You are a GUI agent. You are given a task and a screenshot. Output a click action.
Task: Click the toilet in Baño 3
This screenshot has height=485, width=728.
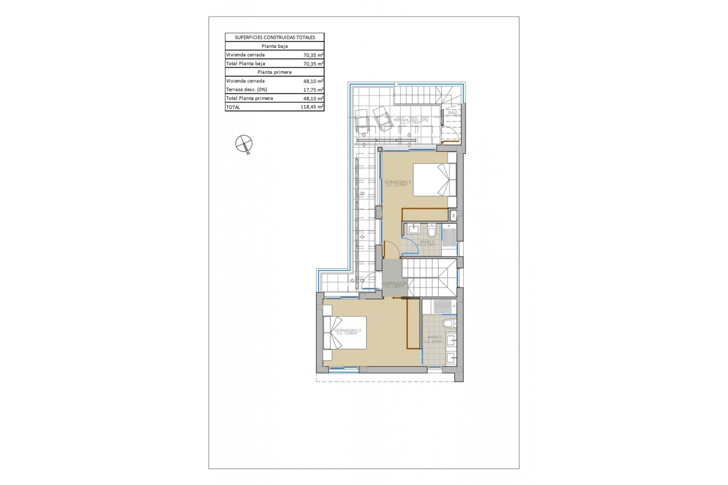pos(431,230)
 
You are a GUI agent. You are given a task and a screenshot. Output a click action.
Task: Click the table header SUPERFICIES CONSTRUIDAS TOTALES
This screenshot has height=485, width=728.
pos(275,37)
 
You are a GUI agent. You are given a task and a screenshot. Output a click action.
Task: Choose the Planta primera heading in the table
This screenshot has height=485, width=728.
pos(275,72)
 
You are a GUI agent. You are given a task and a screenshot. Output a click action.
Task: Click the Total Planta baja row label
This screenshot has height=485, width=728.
pos(245,64)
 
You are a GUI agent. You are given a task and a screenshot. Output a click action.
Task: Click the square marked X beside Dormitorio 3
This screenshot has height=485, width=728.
pos(453,216)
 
